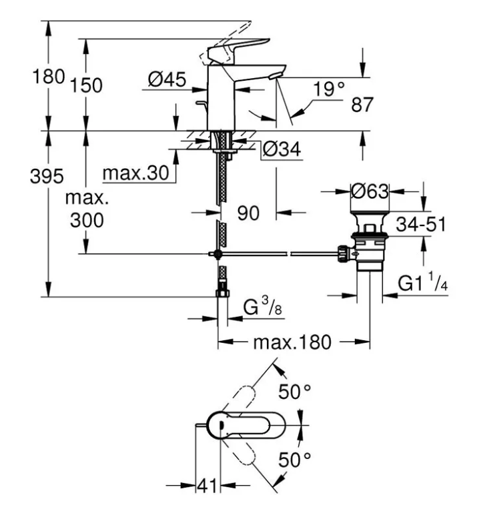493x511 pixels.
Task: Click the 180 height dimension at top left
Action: (x=49, y=77)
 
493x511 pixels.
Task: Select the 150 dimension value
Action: (x=87, y=85)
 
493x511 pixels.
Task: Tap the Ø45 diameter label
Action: (x=167, y=79)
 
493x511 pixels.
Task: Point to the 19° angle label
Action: (x=328, y=89)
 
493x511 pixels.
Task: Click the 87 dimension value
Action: (x=362, y=105)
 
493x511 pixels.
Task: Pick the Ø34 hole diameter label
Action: (x=282, y=149)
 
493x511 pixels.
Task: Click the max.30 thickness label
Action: (x=136, y=173)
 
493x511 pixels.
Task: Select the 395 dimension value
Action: (x=47, y=176)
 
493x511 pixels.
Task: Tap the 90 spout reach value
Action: (x=248, y=213)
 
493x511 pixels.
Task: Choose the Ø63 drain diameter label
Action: (x=370, y=191)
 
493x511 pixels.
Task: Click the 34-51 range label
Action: (x=421, y=224)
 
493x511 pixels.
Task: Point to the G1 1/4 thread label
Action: (x=423, y=283)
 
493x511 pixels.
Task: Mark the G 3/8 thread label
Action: (x=262, y=306)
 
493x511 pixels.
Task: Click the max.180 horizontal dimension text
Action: (x=292, y=342)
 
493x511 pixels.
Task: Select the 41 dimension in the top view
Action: (x=207, y=486)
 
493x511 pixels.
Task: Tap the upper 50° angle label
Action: (x=295, y=392)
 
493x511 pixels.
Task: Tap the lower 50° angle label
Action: (x=295, y=460)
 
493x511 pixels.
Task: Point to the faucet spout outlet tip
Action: (x=276, y=77)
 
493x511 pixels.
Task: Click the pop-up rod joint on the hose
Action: (x=216, y=254)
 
